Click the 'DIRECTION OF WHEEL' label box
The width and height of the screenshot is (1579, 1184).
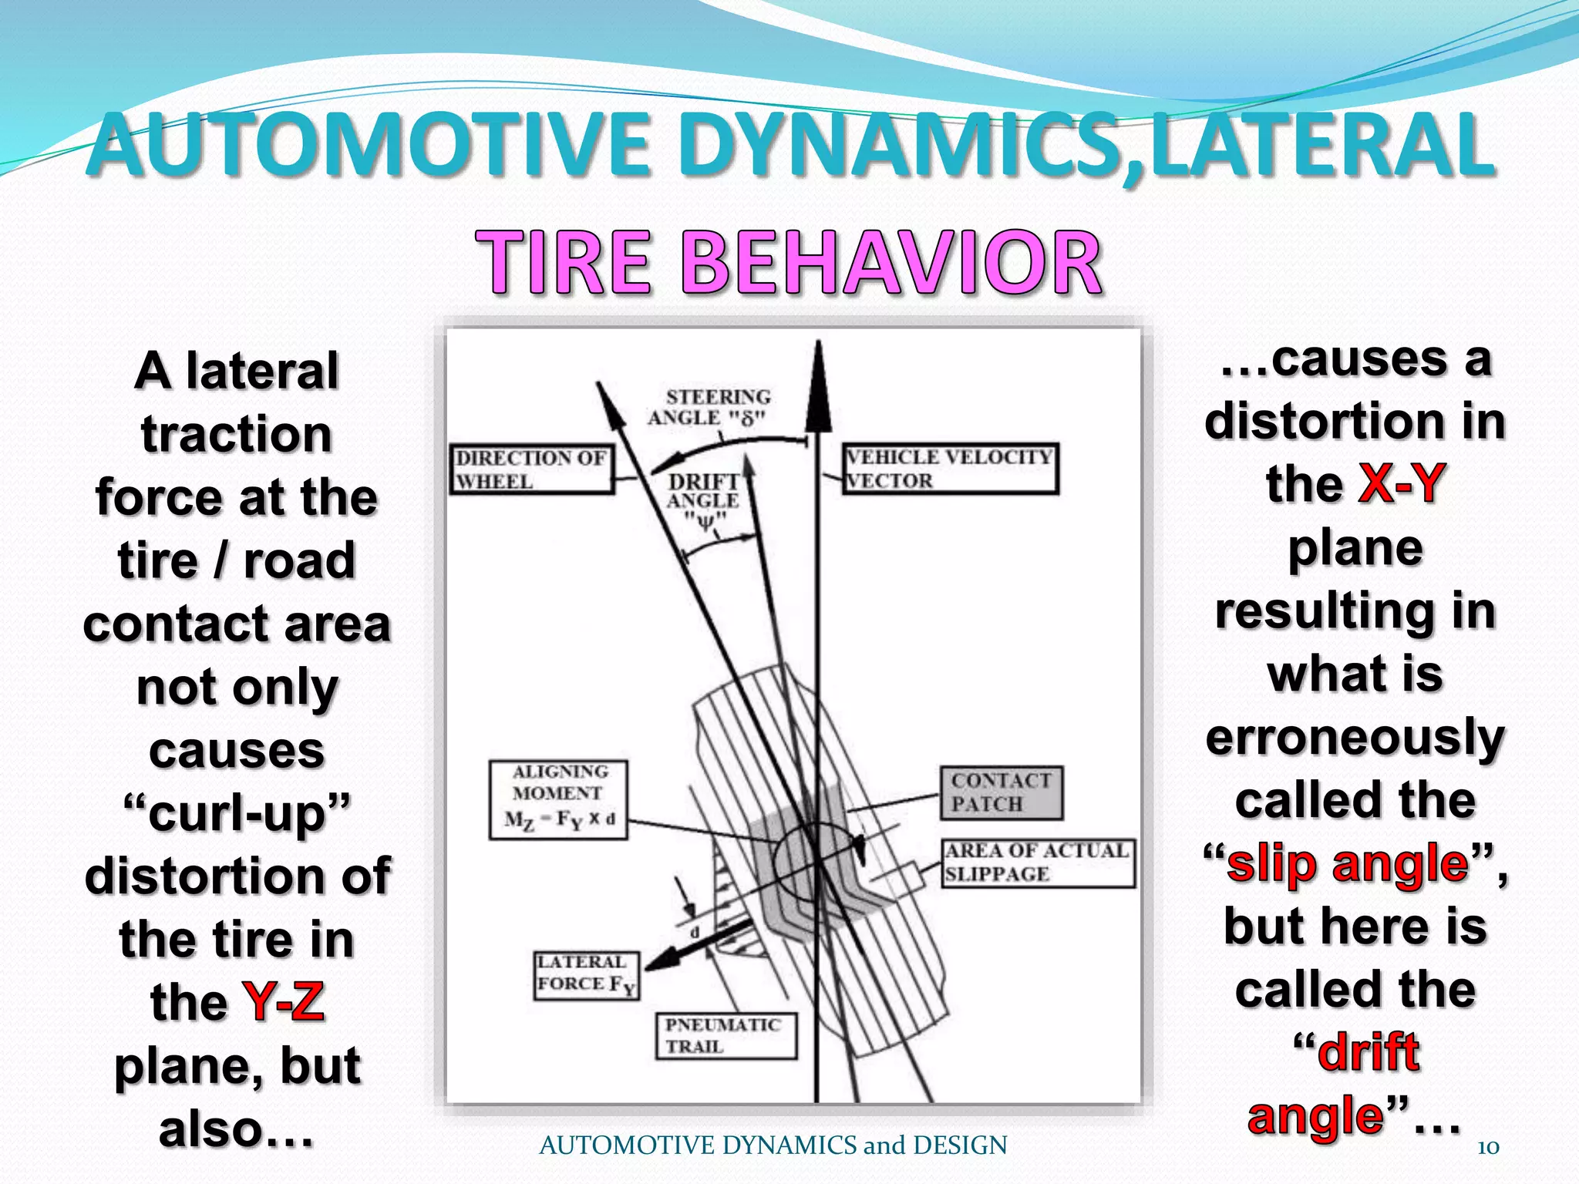click(x=533, y=469)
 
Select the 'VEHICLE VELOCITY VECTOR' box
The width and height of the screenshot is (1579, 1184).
click(x=950, y=469)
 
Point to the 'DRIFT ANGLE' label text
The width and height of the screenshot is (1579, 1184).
click(x=703, y=492)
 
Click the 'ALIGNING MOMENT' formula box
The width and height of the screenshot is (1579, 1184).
click(x=558, y=799)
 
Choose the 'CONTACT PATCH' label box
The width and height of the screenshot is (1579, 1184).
click(x=1001, y=792)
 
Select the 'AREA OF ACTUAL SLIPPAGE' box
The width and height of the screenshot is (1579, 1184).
click(x=1038, y=863)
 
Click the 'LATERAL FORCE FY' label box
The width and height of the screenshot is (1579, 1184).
click(x=587, y=975)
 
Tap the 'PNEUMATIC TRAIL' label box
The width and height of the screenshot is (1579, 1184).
click(x=726, y=1035)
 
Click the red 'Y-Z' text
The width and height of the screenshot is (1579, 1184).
click(x=283, y=1002)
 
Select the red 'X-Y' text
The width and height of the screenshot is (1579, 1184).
click(x=1399, y=484)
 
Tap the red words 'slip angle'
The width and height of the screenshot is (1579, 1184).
click(x=1347, y=863)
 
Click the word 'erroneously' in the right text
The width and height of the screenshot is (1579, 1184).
click(x=1355, y=737)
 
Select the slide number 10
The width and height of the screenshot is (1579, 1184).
click(x=1487, y=1147)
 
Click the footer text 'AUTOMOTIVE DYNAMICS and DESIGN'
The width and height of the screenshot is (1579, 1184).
click(x=773, y=1145)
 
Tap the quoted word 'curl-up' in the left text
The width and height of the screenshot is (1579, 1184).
click(x=237, y=813)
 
